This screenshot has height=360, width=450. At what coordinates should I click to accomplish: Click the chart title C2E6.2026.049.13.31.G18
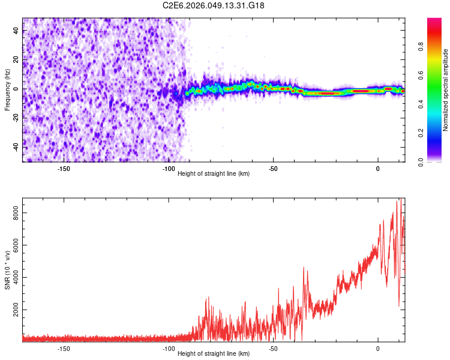tap(214, 5)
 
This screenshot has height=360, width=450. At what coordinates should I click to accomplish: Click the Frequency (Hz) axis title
tap(7, 89)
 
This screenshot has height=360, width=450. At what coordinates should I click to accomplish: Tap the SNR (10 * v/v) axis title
tap(7, 269)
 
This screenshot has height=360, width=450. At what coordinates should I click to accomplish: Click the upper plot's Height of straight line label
tap(214, 173)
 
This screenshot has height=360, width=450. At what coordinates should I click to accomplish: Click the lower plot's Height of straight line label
tap(214, 353)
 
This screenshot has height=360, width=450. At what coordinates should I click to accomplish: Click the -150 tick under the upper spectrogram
tap(64, 169)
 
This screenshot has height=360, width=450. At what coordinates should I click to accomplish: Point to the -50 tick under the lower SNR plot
tap(273, 349)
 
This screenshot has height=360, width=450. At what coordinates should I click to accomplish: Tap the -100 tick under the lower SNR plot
tap(169, 349)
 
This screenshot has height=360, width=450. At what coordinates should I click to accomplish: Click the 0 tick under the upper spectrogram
tap(378, 169)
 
